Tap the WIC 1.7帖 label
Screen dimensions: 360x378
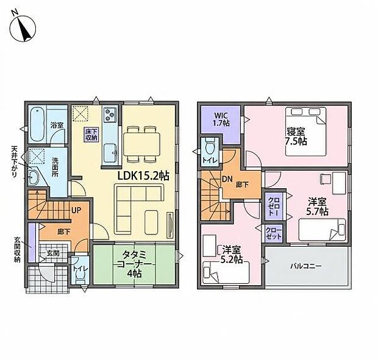click(221, 119)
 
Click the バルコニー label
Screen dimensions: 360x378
click(305, 266)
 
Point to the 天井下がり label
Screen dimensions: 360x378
click(14, 158)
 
